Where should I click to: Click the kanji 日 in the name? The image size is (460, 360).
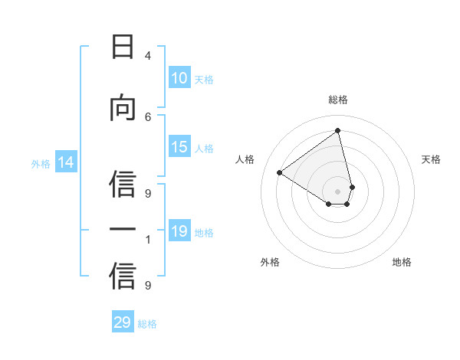(123, 47)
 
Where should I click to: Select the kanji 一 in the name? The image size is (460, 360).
(123, 229)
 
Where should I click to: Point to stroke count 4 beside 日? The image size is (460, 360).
(147, 56)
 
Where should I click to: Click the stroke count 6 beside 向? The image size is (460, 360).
(147, 116)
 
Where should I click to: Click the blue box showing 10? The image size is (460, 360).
(179, 78)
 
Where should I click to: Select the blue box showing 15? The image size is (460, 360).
(179, 147)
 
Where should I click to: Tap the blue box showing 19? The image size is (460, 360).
(179, 231)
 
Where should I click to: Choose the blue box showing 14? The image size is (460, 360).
(66, 162)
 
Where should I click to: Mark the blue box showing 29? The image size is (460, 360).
(123, 322)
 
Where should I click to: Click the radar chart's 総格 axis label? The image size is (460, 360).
(337, 100)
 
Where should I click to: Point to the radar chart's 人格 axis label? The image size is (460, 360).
(245, 159)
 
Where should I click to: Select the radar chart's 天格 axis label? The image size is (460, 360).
(431, 159)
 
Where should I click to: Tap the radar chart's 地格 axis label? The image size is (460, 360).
(402, 262)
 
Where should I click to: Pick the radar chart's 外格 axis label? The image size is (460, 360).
(270, 262)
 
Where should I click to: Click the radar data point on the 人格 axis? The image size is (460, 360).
(280, 173)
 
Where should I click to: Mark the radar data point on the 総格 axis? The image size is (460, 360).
(337, 130)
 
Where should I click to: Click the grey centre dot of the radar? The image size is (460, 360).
(337, 191)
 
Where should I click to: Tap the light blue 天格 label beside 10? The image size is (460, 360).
(204, 79)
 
